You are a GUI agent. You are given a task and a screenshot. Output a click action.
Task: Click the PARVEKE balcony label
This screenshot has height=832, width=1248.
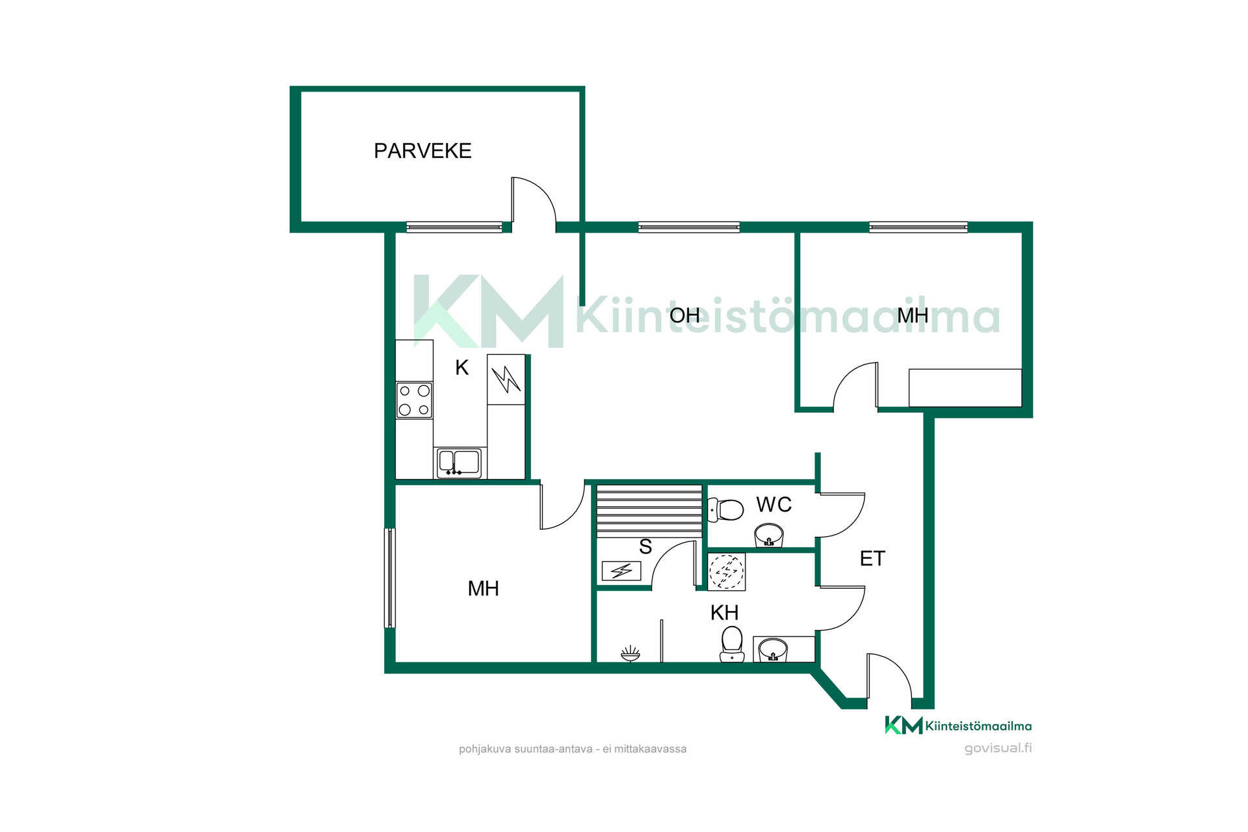(422, 151)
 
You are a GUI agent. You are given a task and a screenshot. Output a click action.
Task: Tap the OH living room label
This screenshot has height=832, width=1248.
(684, 315)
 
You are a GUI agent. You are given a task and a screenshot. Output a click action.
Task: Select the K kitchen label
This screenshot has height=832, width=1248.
(461, 367)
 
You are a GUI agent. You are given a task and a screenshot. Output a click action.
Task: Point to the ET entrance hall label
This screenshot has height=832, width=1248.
(872, 558)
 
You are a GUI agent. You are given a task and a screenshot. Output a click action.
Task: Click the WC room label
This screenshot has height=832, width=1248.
(773, 504)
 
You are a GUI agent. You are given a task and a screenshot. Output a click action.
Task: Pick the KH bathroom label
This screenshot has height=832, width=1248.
(724, 612)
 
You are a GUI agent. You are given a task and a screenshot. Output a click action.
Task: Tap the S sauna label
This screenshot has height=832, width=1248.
(645, 547)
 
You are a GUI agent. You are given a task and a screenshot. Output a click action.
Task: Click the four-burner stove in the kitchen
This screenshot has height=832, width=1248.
(414, 400)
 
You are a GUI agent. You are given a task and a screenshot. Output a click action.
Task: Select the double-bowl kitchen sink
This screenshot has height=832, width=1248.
(459, 462)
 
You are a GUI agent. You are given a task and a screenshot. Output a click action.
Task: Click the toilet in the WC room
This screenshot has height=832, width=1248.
(725, 510)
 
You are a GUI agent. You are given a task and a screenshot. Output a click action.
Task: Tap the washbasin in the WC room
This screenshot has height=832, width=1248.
(769, 536)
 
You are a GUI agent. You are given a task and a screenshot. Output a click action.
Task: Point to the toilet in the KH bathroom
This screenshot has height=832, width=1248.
(732, 644)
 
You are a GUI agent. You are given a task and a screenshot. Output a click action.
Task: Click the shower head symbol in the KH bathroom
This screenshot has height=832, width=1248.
(630, 653)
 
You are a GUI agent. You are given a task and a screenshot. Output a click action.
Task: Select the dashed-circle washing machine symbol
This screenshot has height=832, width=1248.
(726, 572)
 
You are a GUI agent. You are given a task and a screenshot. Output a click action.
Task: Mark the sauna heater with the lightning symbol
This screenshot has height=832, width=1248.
(621, 571)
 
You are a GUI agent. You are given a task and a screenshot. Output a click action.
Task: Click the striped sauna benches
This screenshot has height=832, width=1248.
(649, 510)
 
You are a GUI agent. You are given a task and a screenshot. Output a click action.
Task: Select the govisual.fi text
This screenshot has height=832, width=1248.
(998, 748)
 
